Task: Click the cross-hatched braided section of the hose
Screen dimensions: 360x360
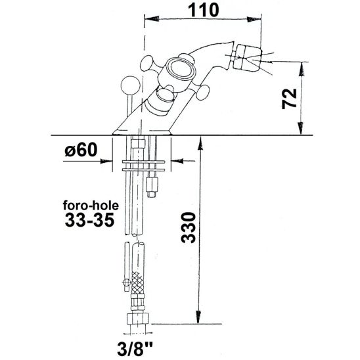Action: [x=139, y=284]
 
